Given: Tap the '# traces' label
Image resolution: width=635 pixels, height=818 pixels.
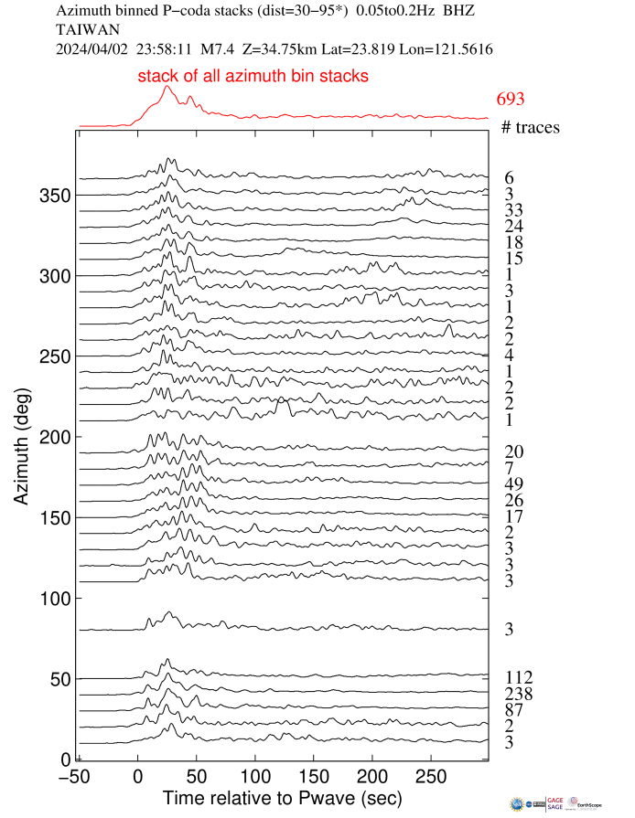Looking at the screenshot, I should click(x=531, y=127).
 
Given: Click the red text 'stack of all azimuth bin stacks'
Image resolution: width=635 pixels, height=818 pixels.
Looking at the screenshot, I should click(x=253, y=77).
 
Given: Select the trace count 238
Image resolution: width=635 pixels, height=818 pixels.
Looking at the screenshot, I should click(x=518, y=694).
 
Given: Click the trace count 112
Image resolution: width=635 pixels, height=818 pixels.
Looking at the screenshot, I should click(x=518, y=677).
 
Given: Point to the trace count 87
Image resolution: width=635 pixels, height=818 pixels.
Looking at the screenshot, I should click(x=513, y=710).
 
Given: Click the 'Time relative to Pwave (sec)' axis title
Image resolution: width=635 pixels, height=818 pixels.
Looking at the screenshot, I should click(x=280, y=799).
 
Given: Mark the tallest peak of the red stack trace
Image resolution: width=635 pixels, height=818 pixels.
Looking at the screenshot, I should click(x=167, y=87).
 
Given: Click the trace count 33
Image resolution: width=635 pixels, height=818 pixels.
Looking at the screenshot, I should click(x=513, y=209).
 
